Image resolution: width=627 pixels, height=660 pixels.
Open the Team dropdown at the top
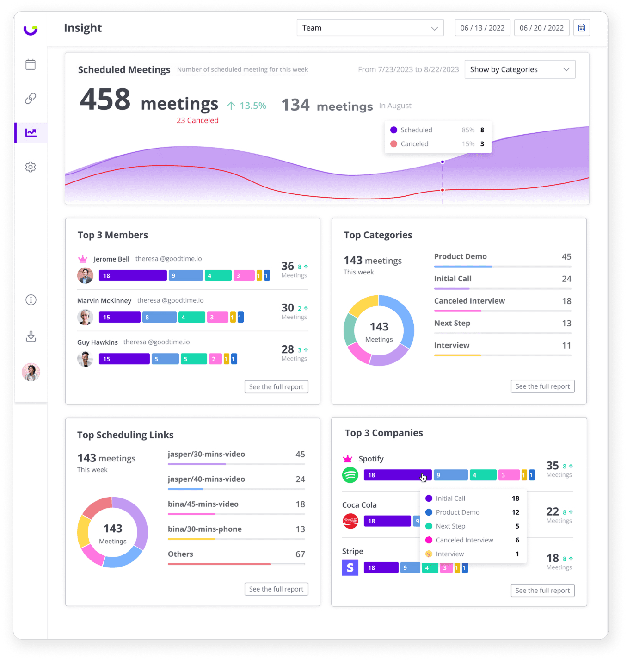click(370, 28)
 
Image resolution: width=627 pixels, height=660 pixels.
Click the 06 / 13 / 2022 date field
click(482, 28)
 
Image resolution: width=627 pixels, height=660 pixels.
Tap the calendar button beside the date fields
click(581, 28)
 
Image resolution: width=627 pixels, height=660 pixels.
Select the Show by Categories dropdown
click(520, 69)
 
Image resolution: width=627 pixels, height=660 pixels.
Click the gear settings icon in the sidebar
click(31, 167)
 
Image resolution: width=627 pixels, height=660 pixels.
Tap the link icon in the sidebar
click(31, 99)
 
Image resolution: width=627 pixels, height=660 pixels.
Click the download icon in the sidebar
click(31, 336)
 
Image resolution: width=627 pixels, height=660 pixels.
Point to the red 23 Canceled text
click(197, 120)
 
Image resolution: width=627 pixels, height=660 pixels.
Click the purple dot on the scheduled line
click(443, 162)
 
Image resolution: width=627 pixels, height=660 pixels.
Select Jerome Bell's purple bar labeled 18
click(133, 276)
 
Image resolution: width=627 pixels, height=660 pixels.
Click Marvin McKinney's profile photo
click(85, 317)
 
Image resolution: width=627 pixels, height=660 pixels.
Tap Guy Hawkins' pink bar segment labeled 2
click(215, 359)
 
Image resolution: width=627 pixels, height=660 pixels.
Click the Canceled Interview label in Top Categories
click(469, 301)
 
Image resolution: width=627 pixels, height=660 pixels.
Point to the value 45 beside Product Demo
click(566, 256)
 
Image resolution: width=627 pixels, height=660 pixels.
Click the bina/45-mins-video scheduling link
click(203, 504)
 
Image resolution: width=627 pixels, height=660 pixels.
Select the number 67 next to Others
click(300, 554)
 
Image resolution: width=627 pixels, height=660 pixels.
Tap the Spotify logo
click(350, 475)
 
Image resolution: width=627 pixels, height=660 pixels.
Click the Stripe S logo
click(350, 567)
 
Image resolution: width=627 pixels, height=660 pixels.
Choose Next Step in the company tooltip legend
click(450, 526)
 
